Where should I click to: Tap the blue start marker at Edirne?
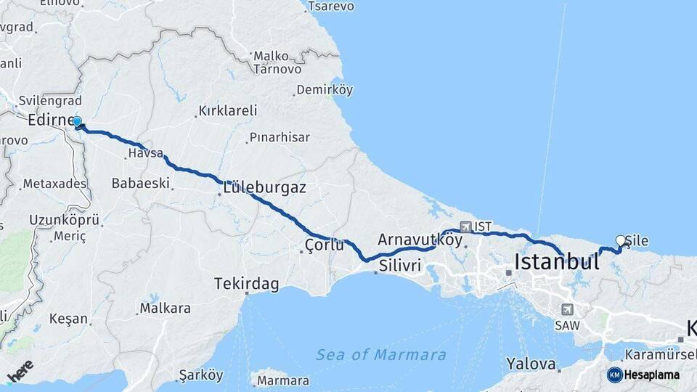click(x=76, y=123)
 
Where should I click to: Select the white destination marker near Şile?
click(x=620, y=240)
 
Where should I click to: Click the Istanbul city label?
click(x=556, y=261)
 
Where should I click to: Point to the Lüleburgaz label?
click(x=264, y=187)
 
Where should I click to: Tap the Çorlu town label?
click(x=324, y=245)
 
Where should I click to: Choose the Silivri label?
click(x=399, y=266)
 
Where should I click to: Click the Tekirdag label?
click(x=246, y=285)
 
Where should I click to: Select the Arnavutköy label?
click(x=420, y=240)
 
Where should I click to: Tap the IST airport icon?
click(x=465, y=226)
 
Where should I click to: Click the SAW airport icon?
click(x=567, y=309)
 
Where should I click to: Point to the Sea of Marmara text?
click(x=380, y=355)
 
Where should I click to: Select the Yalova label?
click(x=531, y=364)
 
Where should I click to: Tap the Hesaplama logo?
click(x=643, y=375)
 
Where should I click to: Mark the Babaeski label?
click(x=140, y=183)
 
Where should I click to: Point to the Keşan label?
click(x=68, y=318)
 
